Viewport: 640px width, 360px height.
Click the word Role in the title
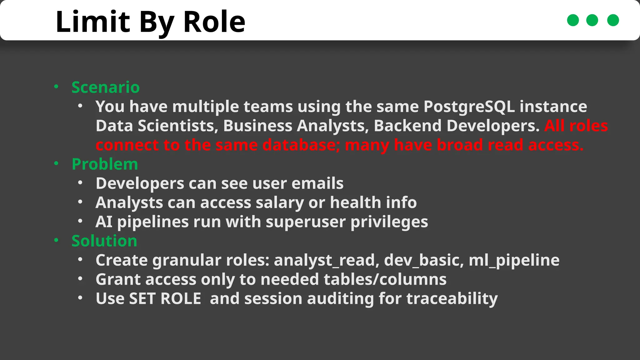point(214,22)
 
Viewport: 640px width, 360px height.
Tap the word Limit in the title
point(92,22)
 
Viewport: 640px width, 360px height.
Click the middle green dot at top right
point(592,20)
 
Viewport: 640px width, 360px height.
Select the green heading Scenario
point(105,87)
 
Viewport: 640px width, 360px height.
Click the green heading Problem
point(105,164)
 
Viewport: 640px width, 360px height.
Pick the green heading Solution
point(104,241)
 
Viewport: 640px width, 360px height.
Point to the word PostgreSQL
point(469,107)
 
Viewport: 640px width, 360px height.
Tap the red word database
point(298,145)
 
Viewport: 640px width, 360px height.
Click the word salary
point(280,203)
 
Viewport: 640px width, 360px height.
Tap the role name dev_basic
point(424,260)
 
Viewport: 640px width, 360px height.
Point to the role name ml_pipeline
point(514,260)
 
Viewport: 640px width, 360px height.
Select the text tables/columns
point(385,279)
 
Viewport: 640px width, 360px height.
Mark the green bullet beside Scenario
point(56,87)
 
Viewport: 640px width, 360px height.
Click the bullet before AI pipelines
point(80,221)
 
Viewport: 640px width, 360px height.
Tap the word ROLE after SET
point(181,299)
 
